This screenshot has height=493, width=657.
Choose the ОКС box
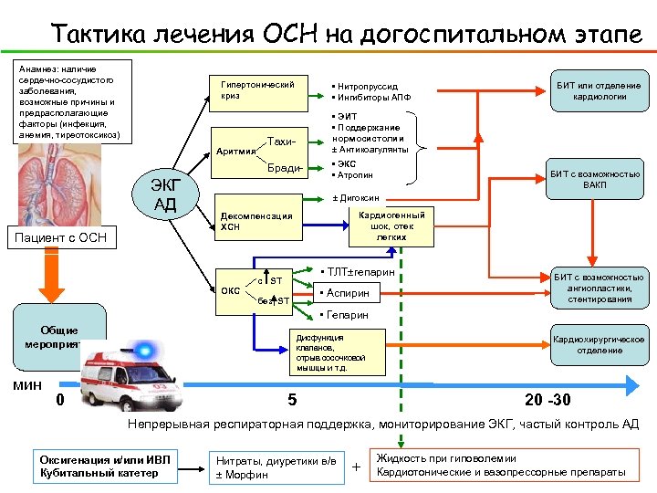coord(231,292)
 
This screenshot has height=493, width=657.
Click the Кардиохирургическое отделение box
coord(599,344)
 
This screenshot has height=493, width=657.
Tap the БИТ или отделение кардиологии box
coord(599,91)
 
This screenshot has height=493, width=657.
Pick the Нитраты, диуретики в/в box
coord(278,467)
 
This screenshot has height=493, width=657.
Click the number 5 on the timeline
coord(291,400)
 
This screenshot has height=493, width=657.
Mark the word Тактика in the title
coord(97,35)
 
